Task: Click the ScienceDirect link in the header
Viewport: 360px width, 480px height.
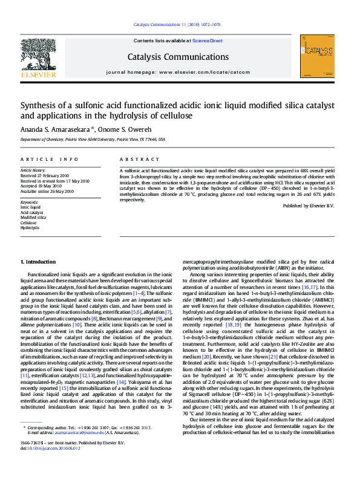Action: coord(208,41)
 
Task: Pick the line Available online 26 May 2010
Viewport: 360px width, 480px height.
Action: coord(47,190)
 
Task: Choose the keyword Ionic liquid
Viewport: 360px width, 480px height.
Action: coord(30,207)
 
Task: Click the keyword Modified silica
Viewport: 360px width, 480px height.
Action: coord(33,218)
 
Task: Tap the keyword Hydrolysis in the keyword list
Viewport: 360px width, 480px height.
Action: coord(30,228)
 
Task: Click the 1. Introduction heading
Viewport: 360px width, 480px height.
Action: coord(38,262)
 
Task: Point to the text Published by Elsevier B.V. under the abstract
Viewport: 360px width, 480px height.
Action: coord(308,206)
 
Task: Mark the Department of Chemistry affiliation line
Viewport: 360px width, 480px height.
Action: coord(93,139)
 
